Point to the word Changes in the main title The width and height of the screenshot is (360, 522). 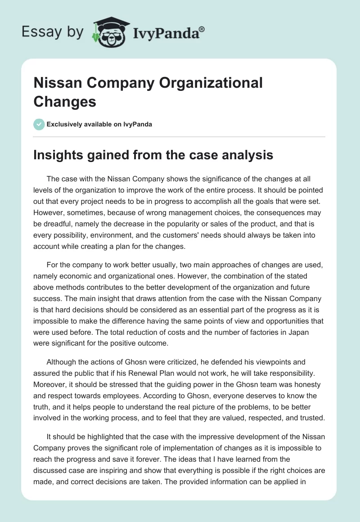point(65,102)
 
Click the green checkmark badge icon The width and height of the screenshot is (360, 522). point(39,124)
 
